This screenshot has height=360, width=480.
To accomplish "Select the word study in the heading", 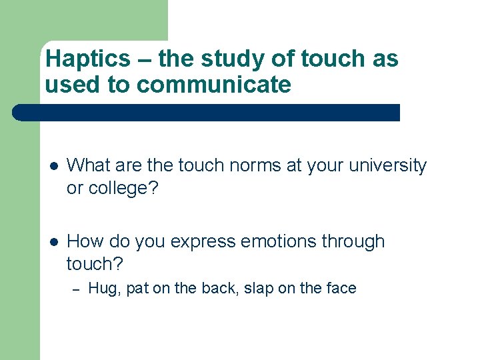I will coord(234,59).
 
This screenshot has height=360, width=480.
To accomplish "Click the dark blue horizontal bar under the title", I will coord(207,112).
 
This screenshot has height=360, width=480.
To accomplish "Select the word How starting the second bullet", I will coord(83,241).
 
